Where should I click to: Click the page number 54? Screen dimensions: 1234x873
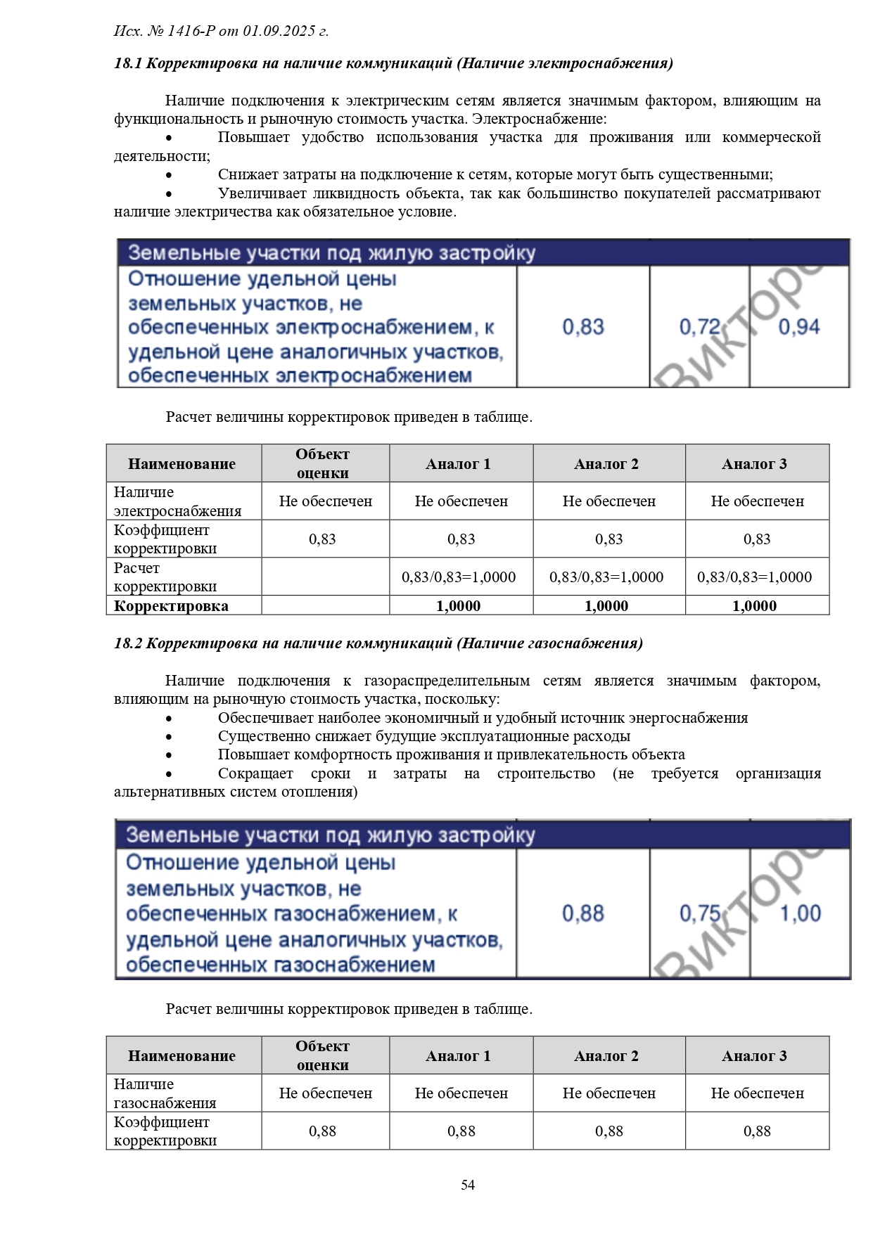[468, 1185]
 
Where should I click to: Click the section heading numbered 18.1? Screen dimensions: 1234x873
[393, 63]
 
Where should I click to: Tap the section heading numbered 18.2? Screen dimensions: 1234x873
[378, 643]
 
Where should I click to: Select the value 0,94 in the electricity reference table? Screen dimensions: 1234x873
[799, 327]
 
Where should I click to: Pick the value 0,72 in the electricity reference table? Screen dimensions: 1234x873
[700, 327]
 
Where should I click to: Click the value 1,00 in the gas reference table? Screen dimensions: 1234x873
[801, 913]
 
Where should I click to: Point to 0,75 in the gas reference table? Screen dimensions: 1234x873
[700, 913]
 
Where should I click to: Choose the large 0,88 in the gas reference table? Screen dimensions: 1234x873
[582, 913]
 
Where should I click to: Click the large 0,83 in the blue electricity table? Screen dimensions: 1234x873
[582, 327]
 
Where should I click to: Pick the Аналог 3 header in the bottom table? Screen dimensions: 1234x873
[754, 1056]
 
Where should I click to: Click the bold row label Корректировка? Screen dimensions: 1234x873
[171, 606]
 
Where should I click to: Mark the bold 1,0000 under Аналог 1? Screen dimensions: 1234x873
[459, 606]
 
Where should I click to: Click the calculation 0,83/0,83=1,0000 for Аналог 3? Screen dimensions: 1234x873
[754, 577]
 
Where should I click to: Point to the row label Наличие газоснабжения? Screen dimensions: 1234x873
[165, 1093]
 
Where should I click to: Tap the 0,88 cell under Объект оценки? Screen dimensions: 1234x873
[323, 1131]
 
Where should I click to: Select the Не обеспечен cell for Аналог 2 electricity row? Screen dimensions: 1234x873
[608, 501]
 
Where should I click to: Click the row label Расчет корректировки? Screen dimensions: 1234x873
[165, 577]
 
